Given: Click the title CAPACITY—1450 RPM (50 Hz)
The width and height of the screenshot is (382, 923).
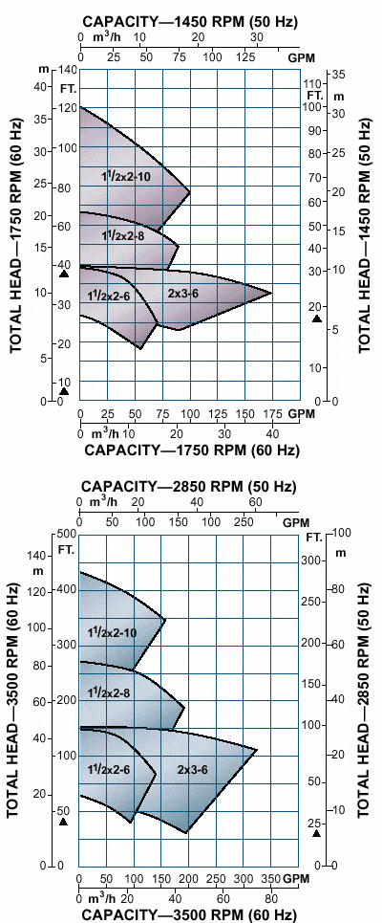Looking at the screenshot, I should tap(191, 20).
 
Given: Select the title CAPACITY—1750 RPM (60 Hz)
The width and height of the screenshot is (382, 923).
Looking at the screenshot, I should tap(192, 451).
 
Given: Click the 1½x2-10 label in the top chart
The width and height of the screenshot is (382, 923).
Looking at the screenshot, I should tap(125, 176).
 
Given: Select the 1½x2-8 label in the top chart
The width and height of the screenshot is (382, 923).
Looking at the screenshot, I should tap(122, 235).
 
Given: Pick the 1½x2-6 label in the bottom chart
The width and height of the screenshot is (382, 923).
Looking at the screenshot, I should tap(108, 769).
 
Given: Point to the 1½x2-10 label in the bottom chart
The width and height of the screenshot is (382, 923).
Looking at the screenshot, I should tap(112, 632).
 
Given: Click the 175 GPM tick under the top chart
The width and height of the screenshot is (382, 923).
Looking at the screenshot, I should tap(273, 414).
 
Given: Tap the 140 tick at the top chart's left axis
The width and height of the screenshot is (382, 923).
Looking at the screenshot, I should tap(67, 72).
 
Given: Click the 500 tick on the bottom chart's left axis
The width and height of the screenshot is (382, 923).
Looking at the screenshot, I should tap(65, 534).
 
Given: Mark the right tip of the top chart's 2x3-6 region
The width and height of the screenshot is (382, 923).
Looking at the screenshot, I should tap(271, 293).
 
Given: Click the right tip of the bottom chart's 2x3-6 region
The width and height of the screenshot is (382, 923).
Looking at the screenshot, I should tap(258, 749).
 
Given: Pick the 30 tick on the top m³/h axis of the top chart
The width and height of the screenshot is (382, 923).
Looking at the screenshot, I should tap(256, 36).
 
